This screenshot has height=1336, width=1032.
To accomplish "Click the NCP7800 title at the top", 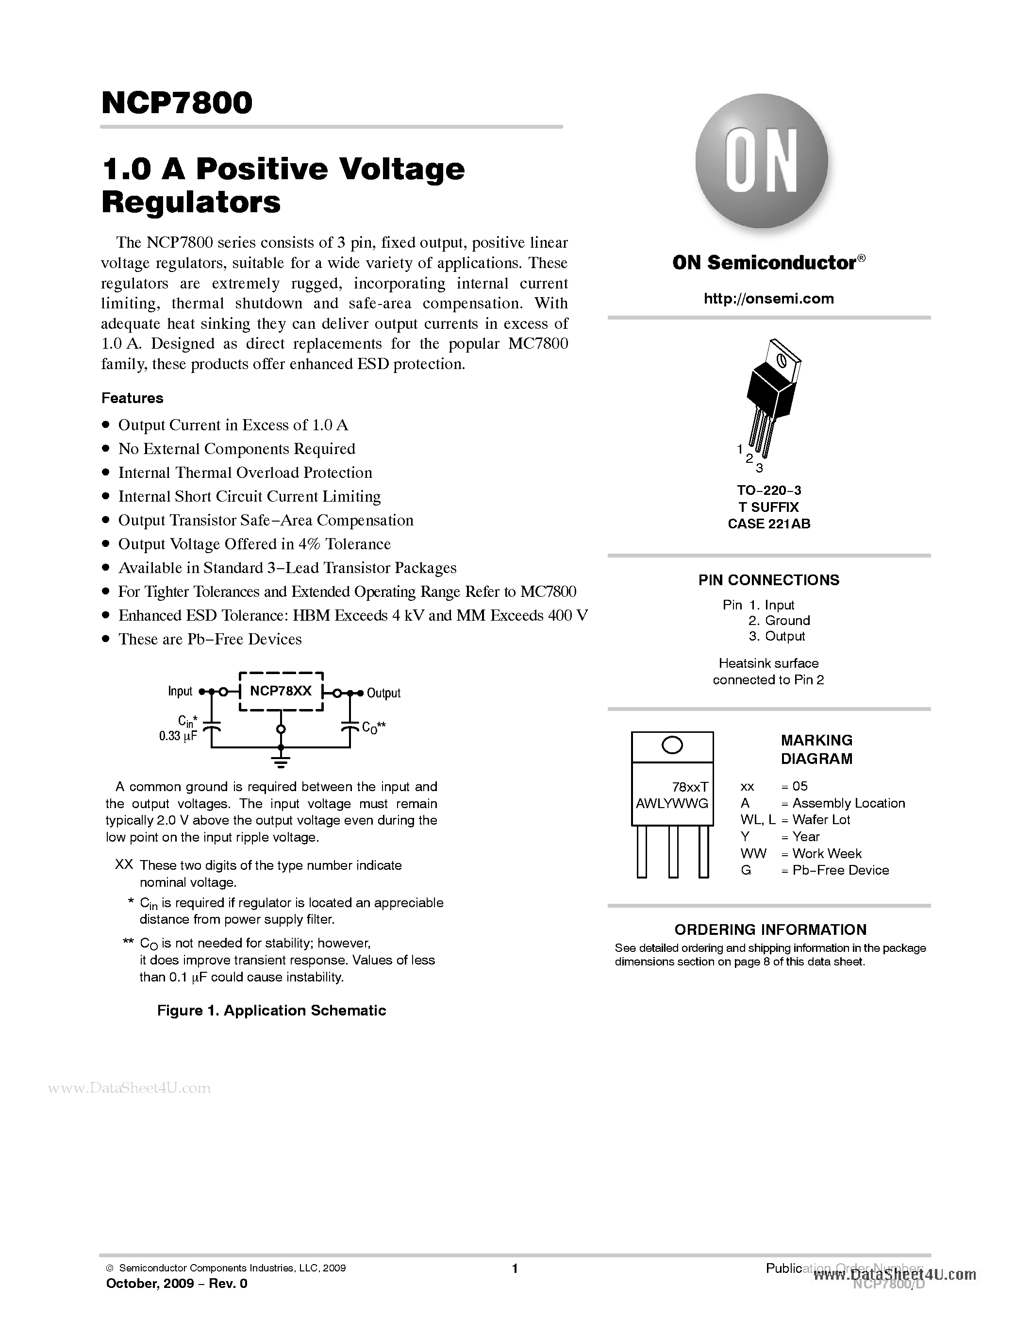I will pos(177,103).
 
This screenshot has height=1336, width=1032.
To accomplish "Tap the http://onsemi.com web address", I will pos(768,299).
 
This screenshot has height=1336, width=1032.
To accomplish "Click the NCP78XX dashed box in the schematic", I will pos(281,691).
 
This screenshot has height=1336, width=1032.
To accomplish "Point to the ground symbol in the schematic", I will pos(281,761).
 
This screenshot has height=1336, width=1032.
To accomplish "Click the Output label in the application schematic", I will pos(383,693).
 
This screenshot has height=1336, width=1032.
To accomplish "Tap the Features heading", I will pos(132,398).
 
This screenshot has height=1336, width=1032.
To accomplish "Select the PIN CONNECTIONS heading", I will pos(768,580).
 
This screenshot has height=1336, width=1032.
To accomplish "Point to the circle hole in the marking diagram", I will pos(672,745).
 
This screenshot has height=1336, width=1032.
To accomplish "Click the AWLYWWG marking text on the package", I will pos(672,803).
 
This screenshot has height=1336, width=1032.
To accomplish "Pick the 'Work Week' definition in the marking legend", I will pos(827,853).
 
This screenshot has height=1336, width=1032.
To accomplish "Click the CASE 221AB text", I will pos(768,524).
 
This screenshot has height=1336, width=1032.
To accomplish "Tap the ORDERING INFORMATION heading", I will pos(770,930).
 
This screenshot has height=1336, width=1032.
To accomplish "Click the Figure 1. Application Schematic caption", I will pos(271,1011).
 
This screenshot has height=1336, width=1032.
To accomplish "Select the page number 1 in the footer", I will pos(515,1268).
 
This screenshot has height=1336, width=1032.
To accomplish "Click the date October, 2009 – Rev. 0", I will pos(177,1284).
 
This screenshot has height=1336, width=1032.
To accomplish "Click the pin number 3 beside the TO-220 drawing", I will pos(759,469).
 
